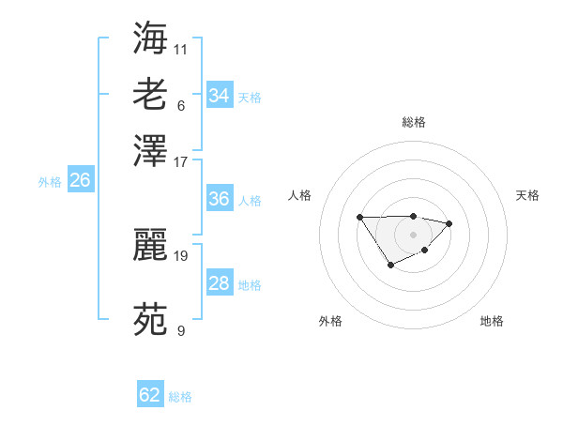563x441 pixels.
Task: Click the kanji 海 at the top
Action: click(151, 38)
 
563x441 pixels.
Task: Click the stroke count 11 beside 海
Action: click(181, 48)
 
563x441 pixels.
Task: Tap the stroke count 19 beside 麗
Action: click(181, 254)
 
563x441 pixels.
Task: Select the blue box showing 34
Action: click(219, 96)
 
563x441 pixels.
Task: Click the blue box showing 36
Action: click(219, 199)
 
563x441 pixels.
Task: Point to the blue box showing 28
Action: click(219, 283)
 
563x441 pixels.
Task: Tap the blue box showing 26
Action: click(80, 180)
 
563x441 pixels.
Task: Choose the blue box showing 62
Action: click(150, 395)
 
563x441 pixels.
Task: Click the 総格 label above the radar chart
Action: click(413, 122)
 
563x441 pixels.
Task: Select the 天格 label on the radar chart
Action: click(527, 195)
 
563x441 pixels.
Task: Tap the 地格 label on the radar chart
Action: click(492, 321)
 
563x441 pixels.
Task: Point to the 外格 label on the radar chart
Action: click(330, 321)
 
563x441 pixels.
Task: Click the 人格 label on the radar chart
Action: click(300, 195)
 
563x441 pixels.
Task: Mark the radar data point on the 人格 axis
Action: click(360, 218)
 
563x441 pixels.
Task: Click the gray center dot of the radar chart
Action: click(413, 234)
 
